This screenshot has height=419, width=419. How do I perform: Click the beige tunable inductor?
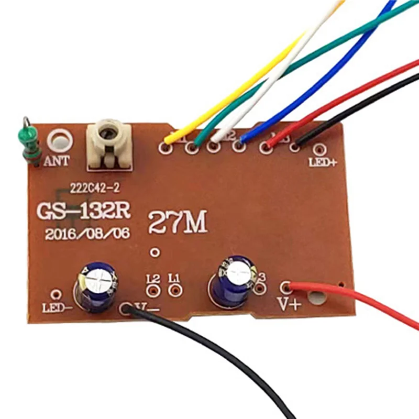(x=108, y=146)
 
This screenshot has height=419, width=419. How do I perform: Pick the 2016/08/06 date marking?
(x=87, y=233)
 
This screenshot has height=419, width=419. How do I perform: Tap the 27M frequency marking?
(x=178, y=223)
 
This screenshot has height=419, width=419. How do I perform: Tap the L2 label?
(x=153, y=278)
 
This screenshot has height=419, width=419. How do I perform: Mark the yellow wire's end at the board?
(x=168, y=140)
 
